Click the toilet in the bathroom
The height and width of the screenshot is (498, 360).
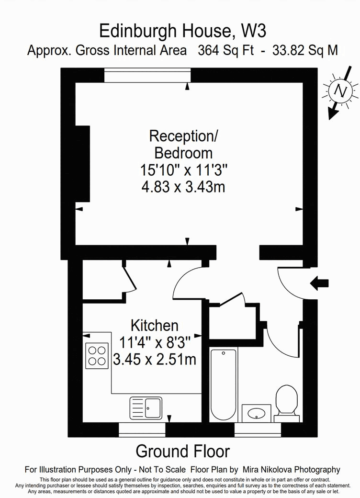(x=287, y=400)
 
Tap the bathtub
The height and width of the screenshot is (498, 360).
(x=223, y=384)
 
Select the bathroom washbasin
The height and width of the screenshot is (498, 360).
(x=256, y=413)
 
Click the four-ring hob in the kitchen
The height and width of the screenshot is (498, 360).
(x=97, y=356)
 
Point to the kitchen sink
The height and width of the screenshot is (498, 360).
(x=146, y=408)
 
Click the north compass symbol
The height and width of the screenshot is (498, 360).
(x=340, y=91)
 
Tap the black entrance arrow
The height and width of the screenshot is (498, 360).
(x=320, y=283)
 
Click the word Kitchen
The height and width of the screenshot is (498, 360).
(x=155, y=326)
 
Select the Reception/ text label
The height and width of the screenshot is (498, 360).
(x=183, y=136)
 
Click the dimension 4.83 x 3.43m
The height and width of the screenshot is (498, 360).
(x=183, y=187)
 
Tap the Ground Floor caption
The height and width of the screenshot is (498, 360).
(x=182, y=451)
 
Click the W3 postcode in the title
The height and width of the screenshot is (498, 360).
(x=254, y=31)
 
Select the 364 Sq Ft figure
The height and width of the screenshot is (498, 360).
(x=226, y=50)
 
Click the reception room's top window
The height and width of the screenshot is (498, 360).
(x=147, y=75)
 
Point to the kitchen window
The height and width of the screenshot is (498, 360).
(x=142, y=430)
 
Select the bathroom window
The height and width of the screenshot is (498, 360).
(x=257, y=430)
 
